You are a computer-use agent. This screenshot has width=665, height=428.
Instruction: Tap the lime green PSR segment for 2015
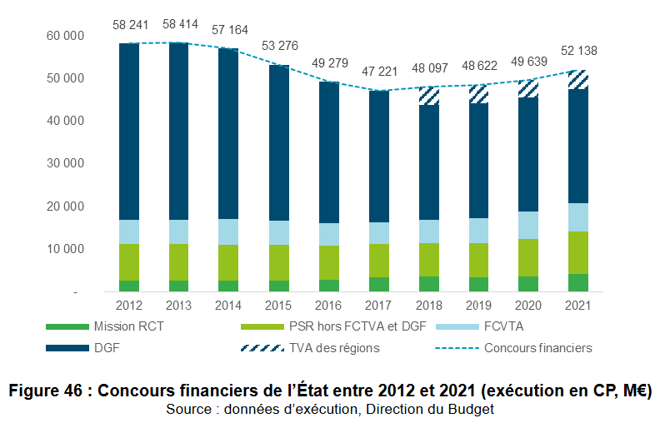pyautogui.click(x=278, y=262)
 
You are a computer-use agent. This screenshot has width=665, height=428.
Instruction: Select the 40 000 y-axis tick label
pyautogui.click(x=67, y=122)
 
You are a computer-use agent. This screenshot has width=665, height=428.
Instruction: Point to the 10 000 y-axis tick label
pyautogui.click(x=67, y=249)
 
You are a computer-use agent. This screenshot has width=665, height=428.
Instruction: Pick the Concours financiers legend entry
pyautogui.click(x=538, y=347)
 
